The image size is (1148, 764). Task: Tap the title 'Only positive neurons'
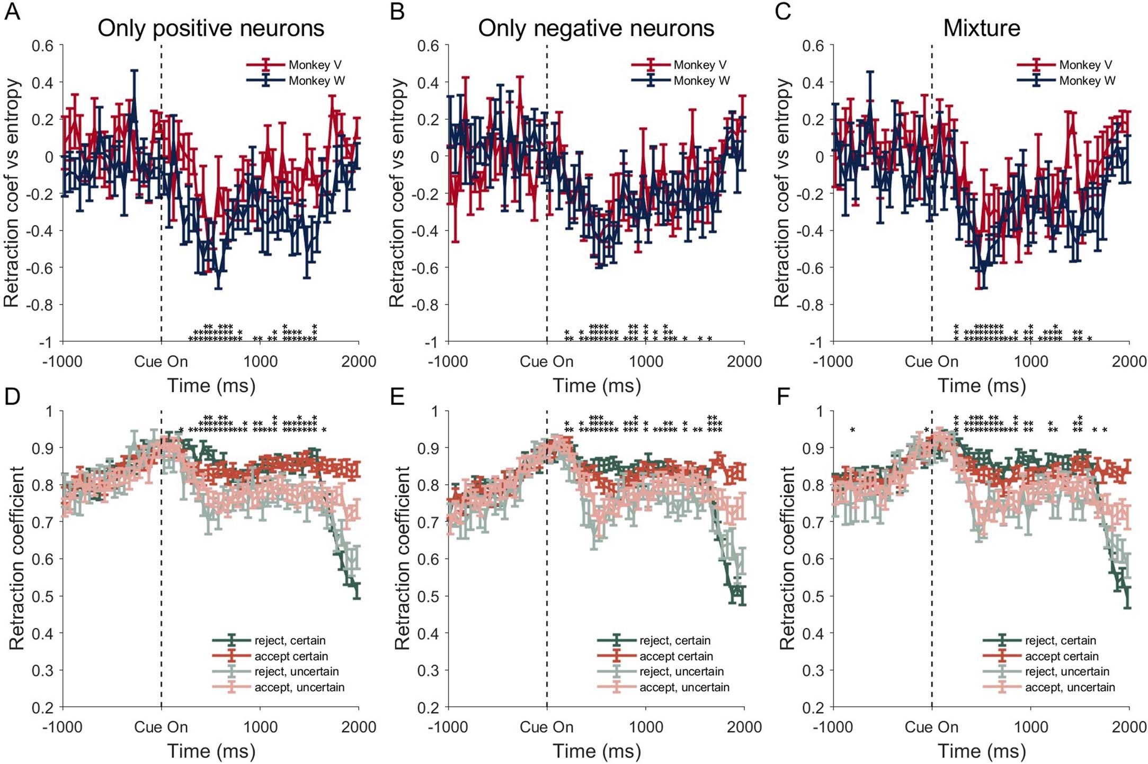tap(211, 29)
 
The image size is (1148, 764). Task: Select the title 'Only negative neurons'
tap(596, 29)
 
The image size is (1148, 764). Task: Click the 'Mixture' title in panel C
tap(982, 29)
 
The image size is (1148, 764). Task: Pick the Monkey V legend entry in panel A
tap(315, 65)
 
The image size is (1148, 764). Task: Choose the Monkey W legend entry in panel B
tap(701, 81)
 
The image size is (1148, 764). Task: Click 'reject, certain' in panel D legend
tap(290, 641)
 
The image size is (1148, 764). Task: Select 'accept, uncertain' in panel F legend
tap(1070, 687)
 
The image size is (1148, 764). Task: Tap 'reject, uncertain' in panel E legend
tap(681, 671)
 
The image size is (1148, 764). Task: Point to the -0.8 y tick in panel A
tap(42, 305)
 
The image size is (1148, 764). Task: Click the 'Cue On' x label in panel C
tap(931, 362)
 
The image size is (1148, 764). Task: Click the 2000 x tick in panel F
tap(1129, 727)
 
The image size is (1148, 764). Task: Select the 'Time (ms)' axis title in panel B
tap(597, 386)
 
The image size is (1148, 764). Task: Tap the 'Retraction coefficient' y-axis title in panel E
tap(402, 558)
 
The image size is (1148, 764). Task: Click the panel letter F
tap(783, 396)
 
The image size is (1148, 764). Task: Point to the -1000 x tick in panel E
tap(448, 727)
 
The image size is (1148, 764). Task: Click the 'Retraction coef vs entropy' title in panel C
tap(781, 193)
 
